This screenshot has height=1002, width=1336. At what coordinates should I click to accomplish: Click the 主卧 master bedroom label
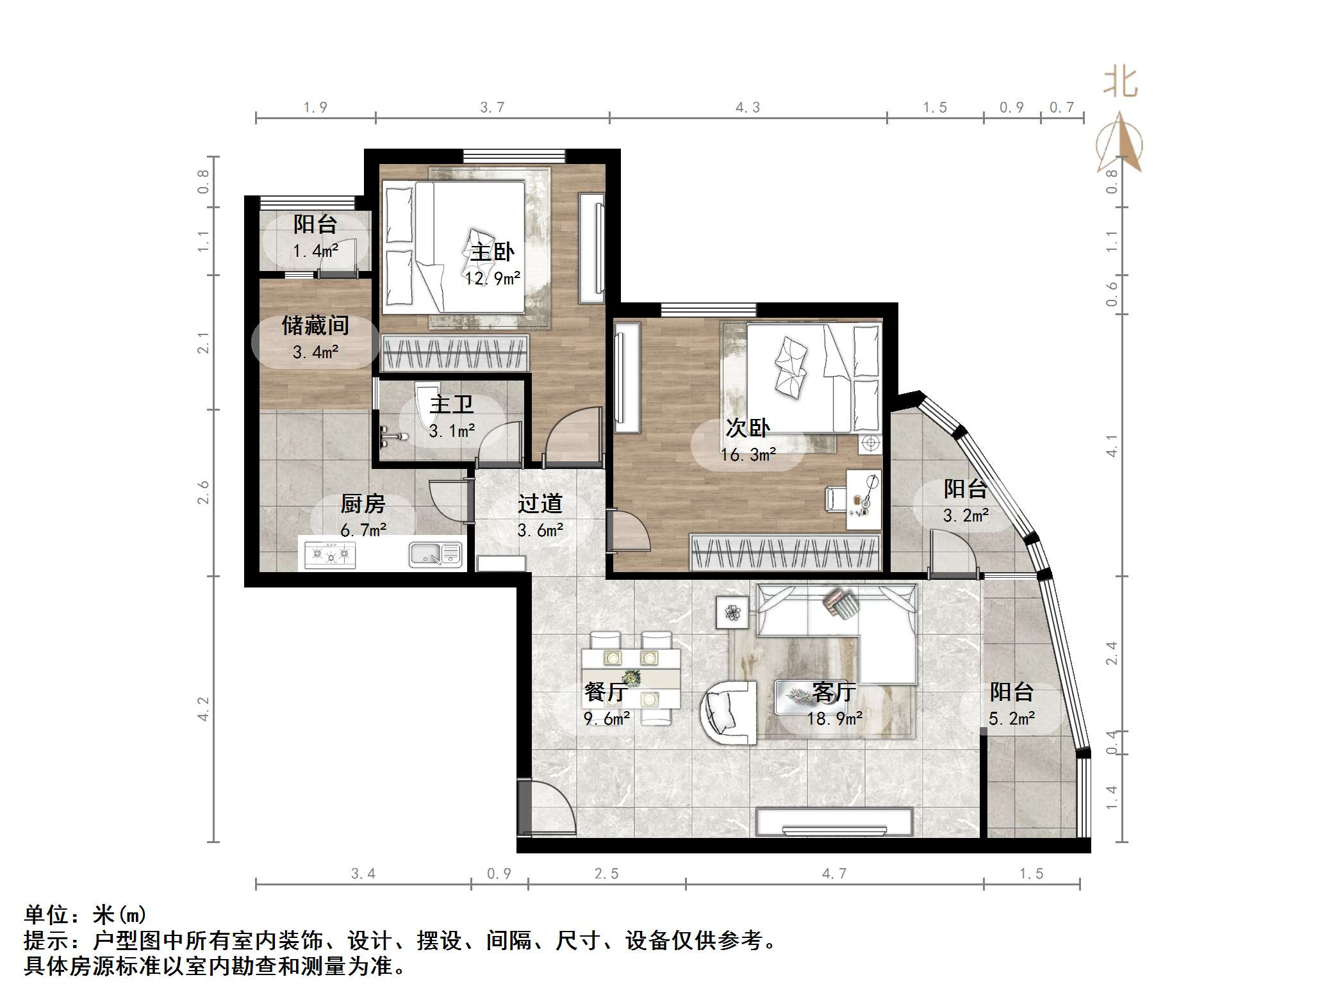[492, 252]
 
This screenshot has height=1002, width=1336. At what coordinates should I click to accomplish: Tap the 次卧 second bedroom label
[747, 427]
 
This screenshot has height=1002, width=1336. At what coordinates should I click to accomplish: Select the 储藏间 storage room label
[315, 325]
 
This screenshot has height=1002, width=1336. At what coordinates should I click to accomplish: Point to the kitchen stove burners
[330, 554]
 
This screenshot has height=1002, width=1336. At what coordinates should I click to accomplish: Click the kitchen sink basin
[425, 554]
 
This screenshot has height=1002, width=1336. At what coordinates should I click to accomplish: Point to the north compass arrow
[1119, 142]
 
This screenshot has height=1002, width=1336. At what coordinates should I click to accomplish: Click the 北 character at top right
[1120, 83]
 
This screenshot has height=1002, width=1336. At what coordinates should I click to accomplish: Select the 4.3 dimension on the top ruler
[747, 108]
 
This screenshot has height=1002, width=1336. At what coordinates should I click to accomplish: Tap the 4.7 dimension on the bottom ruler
[834, 874]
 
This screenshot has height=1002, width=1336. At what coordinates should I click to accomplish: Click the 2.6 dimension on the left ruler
[203, 492]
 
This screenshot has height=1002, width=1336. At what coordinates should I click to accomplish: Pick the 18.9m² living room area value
[834, 719]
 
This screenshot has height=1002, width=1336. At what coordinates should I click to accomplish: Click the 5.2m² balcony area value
[1011, 719]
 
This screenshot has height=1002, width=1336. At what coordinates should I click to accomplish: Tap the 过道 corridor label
[540, 504]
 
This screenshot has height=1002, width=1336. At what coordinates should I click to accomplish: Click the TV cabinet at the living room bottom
[834, 823]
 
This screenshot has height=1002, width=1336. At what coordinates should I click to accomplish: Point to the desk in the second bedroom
[863, 500]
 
